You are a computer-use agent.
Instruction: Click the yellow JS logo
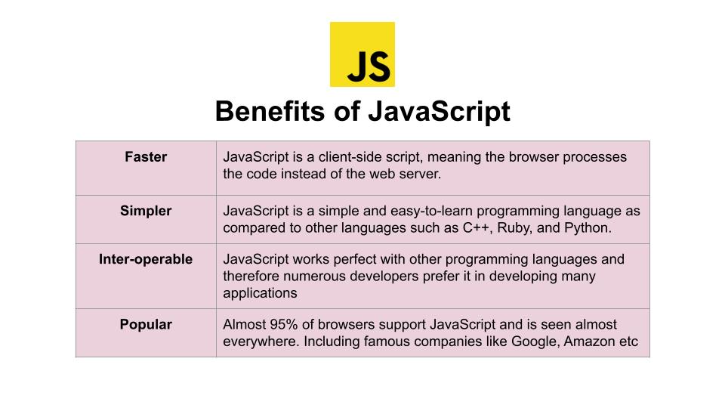pyautogui.click(x=362, y=54)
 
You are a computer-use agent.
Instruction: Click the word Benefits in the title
pyautogui.click(x=270, y=112)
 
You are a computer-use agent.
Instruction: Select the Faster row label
pyautogui.click(x=146, y=157)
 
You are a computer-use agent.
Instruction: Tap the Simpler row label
pyautogui.click(x=146, y=211)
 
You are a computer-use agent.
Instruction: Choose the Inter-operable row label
pyautogui.click(x=146, y=259)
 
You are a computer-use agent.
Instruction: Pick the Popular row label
pyautogui.click(x=146, y=324)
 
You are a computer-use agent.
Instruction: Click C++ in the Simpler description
pyautogui.click(x=476, y=227)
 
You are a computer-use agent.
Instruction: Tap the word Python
pyautogui.click(x=588, y=228)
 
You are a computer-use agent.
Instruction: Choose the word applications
pyautogui.click(x=260, y=293)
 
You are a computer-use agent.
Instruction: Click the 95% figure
pyautogui.click(x=284, y=324)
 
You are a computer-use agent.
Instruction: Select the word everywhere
pyautogui.click(x=261, y=342)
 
